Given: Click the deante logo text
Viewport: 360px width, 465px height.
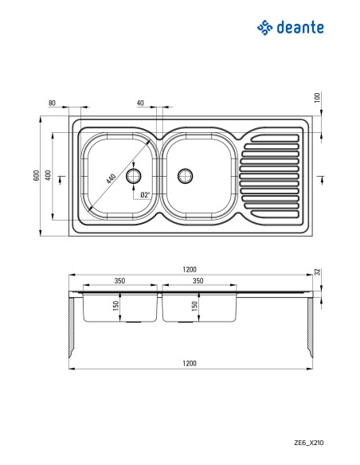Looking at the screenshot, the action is pyautogui.click(x=300, y=27).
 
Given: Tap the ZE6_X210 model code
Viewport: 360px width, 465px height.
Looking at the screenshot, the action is pyautogui.click(x=309, y=443).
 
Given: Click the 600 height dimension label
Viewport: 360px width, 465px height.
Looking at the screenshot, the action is pyautogui.click(x=36, y=175).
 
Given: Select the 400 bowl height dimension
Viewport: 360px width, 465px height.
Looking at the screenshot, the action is pyautogui.click(x=48, y=175).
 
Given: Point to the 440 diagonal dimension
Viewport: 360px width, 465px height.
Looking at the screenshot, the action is pyautogui.click(x=111, y=179).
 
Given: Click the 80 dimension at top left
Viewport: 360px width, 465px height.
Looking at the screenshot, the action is pyautogui.click(x=52, y=104).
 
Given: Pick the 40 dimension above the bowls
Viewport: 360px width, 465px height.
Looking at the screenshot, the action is pyautogui.click(x=140, y=103).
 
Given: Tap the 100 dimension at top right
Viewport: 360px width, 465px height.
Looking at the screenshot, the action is pyautogui.click(x=317, y=98).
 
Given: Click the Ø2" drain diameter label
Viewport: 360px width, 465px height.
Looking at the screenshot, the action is pyautogui.click(x=145, y=194).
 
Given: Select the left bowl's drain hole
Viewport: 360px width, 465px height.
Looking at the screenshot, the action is pyautogui.click(x=134, y=176).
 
